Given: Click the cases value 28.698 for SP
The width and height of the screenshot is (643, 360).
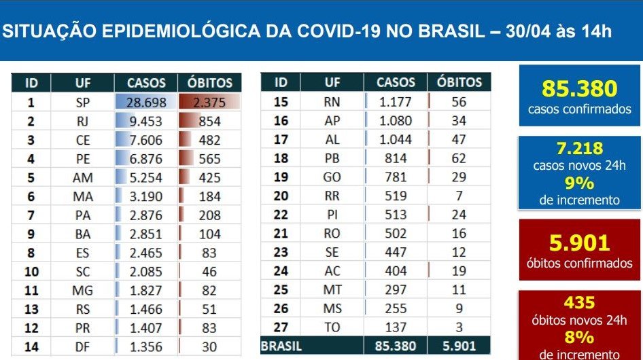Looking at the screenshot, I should click(x=146, y=103).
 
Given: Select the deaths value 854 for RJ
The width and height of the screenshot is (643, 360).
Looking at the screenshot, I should click(x=209, y=121).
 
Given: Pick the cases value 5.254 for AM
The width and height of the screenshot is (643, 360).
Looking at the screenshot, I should click(x=146, y=178).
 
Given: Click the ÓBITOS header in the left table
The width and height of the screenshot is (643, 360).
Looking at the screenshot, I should click(x=209, y=83).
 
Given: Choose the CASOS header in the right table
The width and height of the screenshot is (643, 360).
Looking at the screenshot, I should click(x=396, y=82).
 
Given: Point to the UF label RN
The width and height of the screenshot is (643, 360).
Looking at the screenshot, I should click(x=332, y=103).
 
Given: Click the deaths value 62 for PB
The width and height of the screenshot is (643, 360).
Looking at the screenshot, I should click(x=459, y=158).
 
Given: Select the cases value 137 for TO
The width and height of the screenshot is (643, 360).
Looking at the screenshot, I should click(x=396, y=326).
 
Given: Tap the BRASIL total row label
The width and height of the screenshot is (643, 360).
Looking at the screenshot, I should click(x=281, y=346).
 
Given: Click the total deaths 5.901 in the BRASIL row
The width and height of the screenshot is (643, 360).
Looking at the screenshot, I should click(x=459, y=346).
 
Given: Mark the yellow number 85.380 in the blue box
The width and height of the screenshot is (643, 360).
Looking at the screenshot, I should click(x=579, y=89).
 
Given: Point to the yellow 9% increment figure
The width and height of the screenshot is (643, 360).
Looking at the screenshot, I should click(x=579, y=183).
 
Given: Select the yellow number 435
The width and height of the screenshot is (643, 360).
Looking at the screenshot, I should click(x=579, y=302).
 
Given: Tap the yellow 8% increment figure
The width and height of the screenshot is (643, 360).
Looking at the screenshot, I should click(x=579, y=338).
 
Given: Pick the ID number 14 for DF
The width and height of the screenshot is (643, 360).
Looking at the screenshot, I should click(x=31, y=346).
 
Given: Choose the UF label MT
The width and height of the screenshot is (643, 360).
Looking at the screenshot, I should click(x=332, y=289).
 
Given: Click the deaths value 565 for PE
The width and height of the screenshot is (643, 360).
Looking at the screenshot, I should click(x=209, y=159).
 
